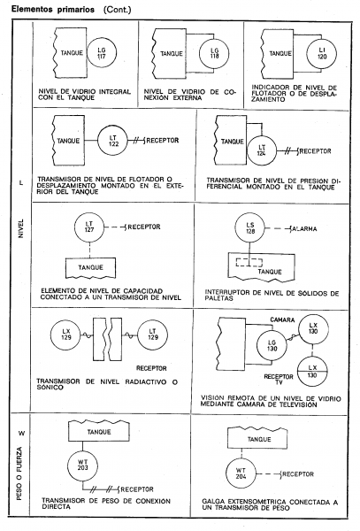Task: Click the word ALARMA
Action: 305,229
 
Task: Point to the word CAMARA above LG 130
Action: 282,319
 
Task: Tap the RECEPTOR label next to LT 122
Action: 163,140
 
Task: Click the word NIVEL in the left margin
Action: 21,228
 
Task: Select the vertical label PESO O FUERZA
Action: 19,473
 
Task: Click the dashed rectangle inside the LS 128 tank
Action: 249,263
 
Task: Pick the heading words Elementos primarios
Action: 53,9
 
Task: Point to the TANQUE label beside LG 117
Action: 72,53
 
